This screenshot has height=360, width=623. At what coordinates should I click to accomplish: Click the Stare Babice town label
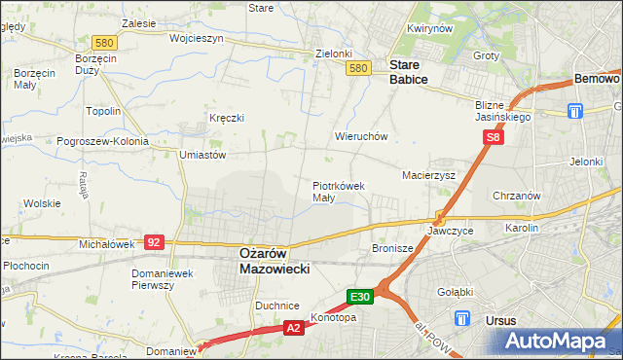[408, 72]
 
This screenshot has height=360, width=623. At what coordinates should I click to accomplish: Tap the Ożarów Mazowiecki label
[275, 260]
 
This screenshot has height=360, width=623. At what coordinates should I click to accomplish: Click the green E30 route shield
[359, 296]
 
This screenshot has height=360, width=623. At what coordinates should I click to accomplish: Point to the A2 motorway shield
[293, 330]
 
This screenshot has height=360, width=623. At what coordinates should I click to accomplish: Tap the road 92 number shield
[154, 240]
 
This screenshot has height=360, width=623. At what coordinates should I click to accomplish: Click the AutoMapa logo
[563, 341]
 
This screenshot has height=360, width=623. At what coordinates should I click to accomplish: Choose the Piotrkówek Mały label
[338, 191]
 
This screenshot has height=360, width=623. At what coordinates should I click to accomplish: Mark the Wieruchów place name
[361, 137]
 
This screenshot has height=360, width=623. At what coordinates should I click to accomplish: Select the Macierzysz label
[429, 175]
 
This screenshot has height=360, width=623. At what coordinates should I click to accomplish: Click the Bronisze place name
[393, 249]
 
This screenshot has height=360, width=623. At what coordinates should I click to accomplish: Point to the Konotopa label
[333, 317]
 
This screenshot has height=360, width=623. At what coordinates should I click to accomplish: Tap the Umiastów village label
[202, 155]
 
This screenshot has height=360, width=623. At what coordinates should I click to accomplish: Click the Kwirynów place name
[431, 29]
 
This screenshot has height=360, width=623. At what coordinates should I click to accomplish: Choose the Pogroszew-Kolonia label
[102, 141]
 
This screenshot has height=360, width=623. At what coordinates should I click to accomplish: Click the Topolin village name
[103, 111]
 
